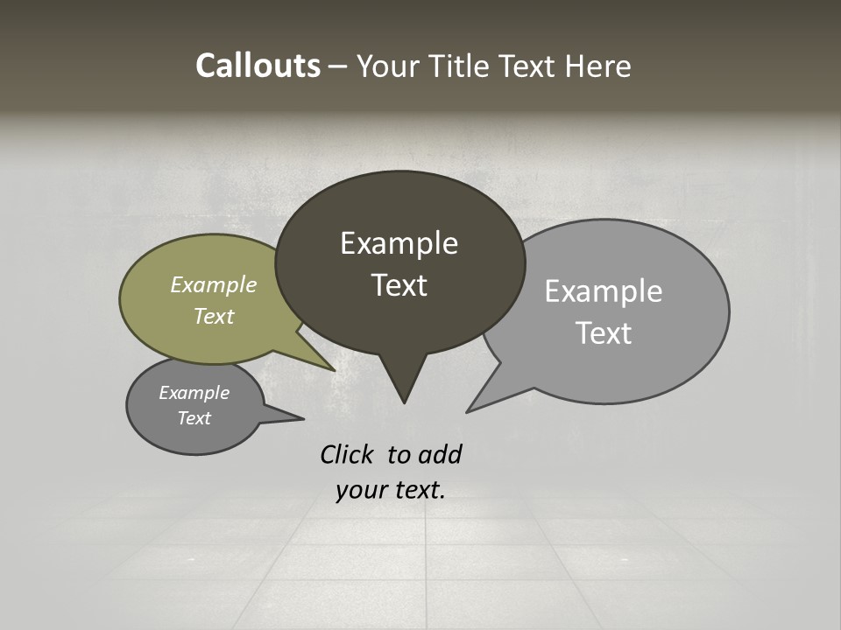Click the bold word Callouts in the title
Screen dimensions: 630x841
[258, 66]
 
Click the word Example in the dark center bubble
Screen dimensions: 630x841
[399, 243]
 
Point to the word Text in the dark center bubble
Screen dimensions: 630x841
[399, 284]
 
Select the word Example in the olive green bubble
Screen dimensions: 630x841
[213, 284]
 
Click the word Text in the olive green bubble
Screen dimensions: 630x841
[213, 316]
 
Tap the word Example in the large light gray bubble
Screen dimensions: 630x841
[603, 291]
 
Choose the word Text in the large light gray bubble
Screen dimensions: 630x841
[604, 332]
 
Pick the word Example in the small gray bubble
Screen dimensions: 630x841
[194, 393]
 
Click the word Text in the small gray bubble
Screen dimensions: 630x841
[194, 418]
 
